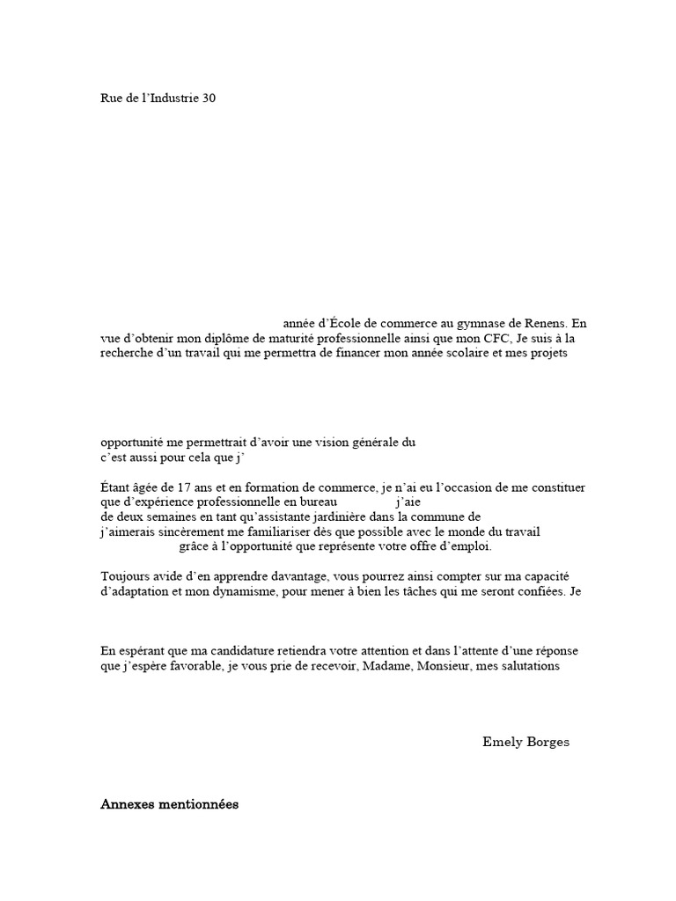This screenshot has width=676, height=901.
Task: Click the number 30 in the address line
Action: (209, 99)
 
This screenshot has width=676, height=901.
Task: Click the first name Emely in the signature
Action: (500, 742)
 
